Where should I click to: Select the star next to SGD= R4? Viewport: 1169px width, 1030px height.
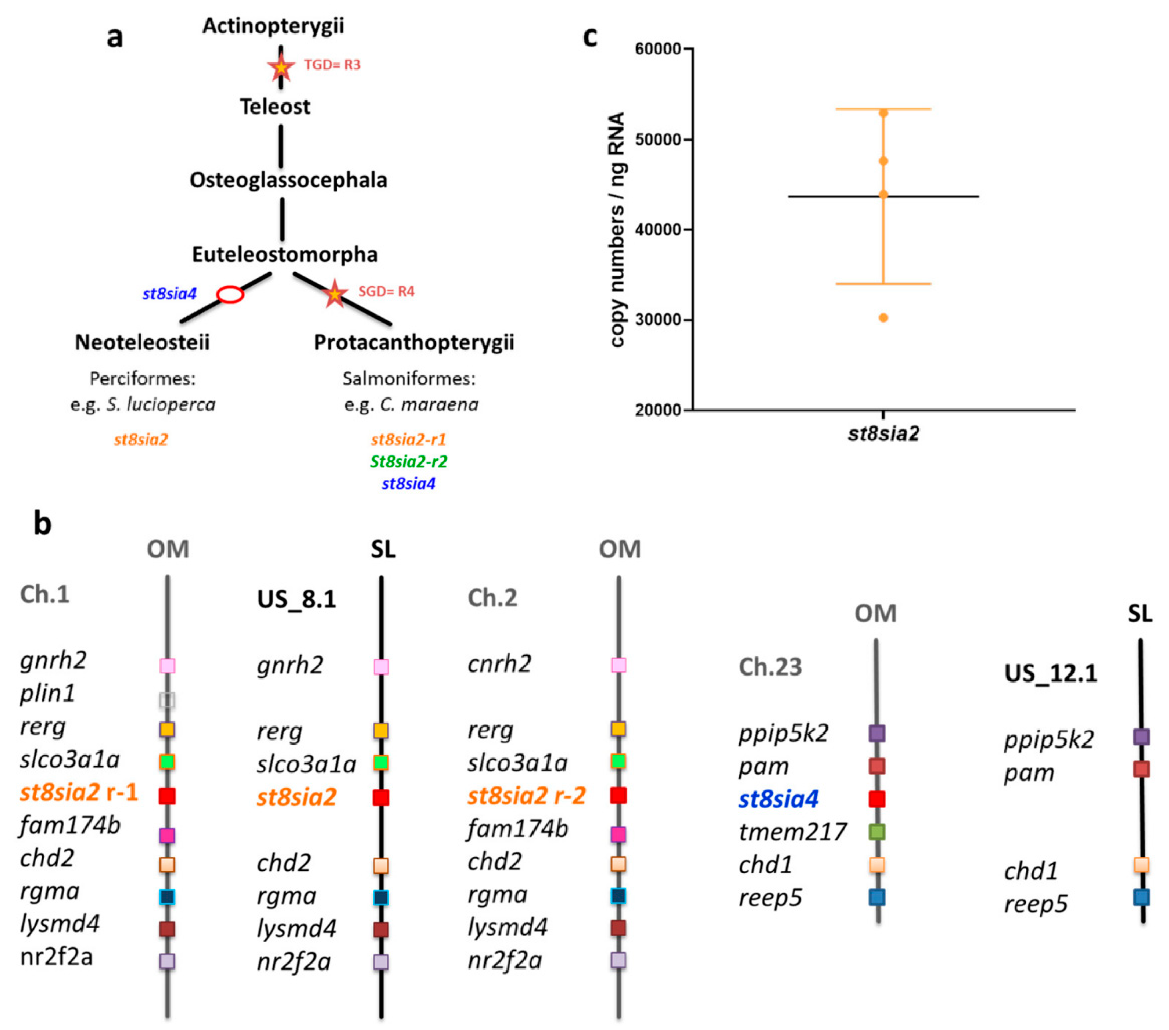click(334, 294)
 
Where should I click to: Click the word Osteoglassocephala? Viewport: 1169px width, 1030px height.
click(288, 180)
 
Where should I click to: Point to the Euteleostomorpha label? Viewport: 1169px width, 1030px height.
click(284, 254)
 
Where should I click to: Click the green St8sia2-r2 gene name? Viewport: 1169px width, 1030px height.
click(408, 461)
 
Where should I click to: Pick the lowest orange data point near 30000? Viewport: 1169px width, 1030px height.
click(883, 318)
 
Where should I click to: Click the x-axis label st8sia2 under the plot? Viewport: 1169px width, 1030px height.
click(883, 434)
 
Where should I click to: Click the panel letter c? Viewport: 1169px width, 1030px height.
click(590, 37)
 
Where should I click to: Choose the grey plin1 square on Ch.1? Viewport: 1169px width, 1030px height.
click(167, 700)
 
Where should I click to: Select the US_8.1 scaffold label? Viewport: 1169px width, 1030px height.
click(296, 599)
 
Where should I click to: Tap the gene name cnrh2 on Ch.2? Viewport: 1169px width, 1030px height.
click(499, 664)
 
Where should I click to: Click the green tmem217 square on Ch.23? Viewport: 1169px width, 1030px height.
click(877, 832)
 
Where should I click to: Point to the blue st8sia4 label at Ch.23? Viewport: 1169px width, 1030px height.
click(778, 799)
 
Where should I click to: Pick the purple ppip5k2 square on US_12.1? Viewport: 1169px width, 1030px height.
click(1141, 736)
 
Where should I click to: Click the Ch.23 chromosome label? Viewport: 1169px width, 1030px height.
click(770, 666)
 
